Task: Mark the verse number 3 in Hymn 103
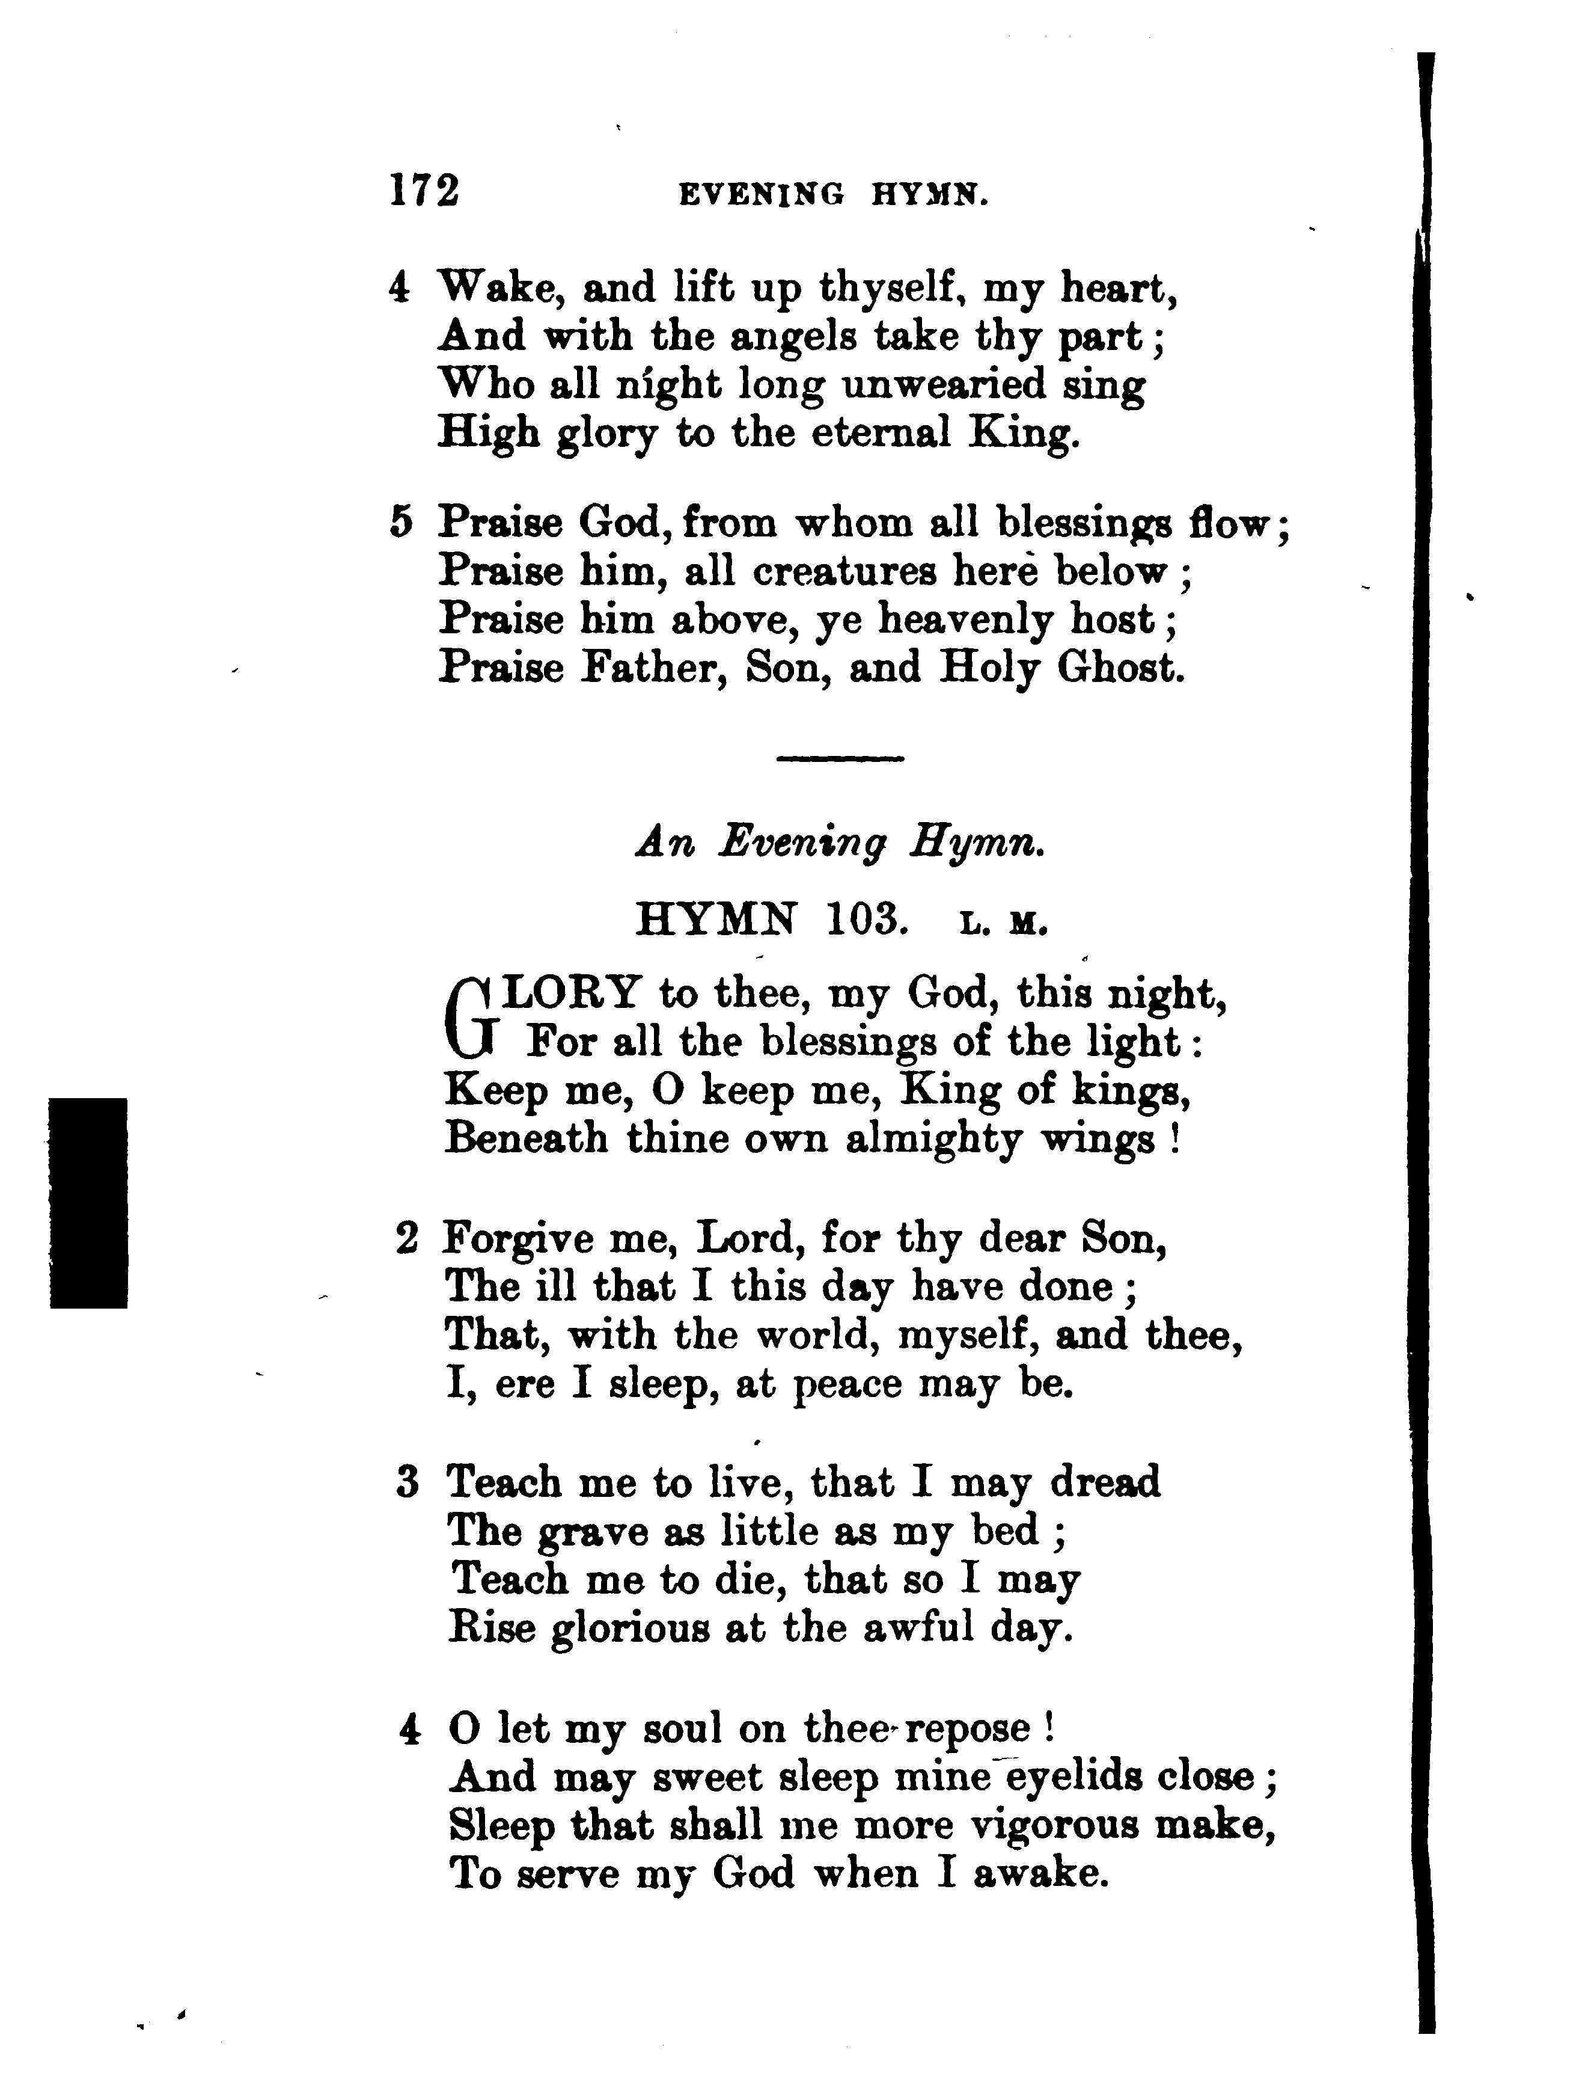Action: (x=408, y=1482)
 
